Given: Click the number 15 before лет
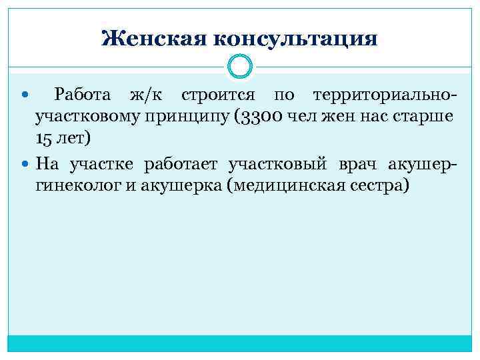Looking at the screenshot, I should (x=44, y=139).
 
